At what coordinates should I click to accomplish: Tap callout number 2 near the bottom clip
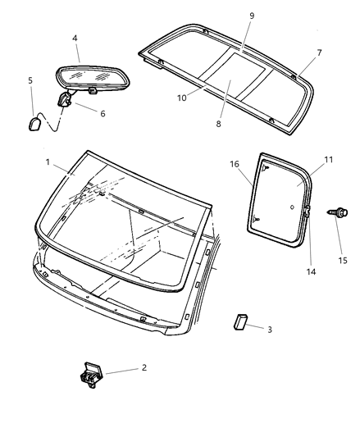[144, 368]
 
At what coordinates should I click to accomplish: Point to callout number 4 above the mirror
[75, 38]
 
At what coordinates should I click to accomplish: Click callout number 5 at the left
[30, 81]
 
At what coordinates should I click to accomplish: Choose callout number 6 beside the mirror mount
[103, 113]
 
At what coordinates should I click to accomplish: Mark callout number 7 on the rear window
[318, 53]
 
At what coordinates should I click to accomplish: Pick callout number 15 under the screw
[343, 261]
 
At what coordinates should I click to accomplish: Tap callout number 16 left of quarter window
[235, 164]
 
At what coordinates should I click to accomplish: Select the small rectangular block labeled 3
[240, 319]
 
